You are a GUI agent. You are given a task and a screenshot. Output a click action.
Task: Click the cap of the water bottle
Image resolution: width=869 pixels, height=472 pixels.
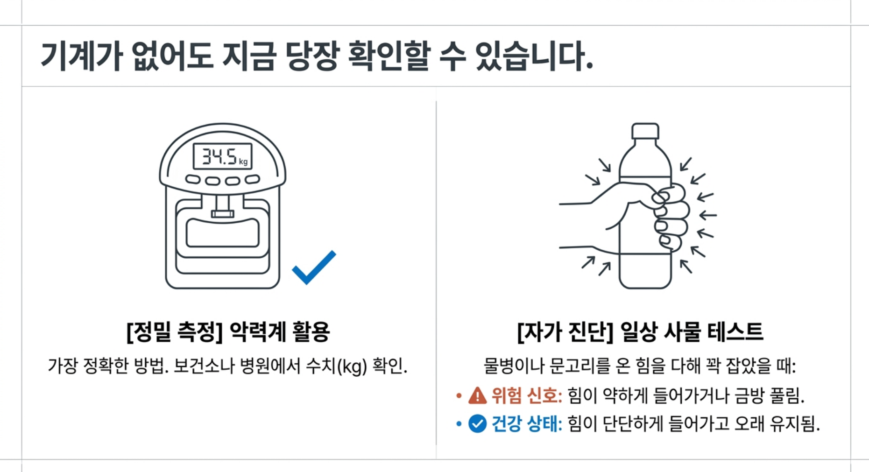coord(645,131)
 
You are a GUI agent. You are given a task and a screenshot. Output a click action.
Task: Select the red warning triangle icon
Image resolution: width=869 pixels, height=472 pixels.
coord(478,396)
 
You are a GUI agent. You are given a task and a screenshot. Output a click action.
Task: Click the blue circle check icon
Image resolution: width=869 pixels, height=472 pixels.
coord(477,424)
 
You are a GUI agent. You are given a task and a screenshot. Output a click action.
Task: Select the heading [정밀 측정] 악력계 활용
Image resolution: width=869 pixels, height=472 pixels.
coord(228,332)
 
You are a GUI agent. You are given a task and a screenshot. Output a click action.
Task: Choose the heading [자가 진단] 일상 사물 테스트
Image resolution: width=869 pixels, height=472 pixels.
coord(640,332)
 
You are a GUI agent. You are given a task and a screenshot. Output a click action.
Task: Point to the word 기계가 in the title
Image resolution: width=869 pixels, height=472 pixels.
coord(81,56)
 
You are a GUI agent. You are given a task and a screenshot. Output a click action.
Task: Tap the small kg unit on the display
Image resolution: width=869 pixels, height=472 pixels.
coord(243,162)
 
